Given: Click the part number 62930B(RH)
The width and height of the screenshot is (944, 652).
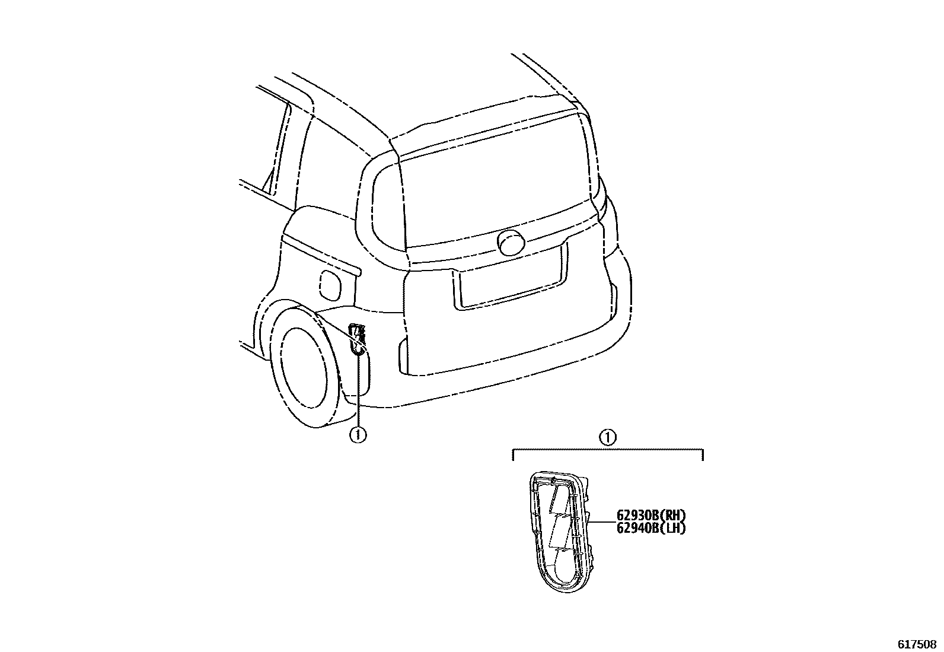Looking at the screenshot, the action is (650, 516).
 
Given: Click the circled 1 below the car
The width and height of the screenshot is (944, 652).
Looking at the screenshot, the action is (358, 435).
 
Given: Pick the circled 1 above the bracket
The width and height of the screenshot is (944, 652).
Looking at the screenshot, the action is (607, 438).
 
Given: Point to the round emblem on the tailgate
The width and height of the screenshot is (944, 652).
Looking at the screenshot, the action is (511, 243).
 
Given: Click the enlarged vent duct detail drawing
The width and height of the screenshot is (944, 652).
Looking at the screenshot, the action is (557, 531).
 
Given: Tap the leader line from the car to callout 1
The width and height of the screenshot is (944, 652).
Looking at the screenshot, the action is (358, 392).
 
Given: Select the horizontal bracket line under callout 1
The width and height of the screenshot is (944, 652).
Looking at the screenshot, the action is (607, 450).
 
